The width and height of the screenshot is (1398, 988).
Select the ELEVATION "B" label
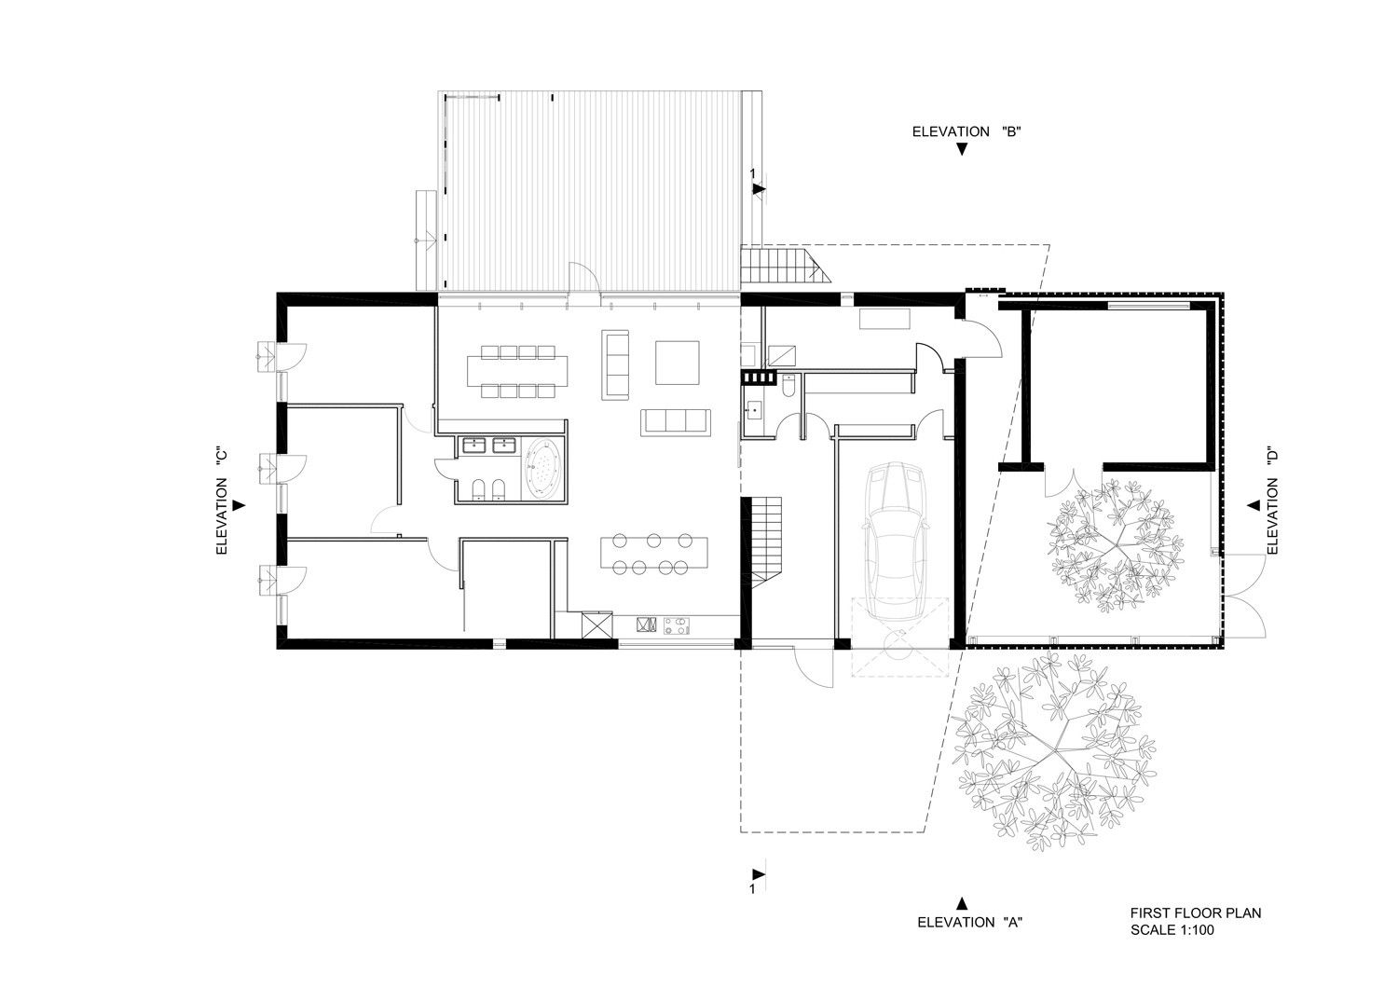pyautogui.click(x=966, y=131)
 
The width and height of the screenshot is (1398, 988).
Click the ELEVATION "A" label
pyautogui.click(x=970, y=921)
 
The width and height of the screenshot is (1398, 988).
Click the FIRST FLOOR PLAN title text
pyautogui.click(x=1196, y=913)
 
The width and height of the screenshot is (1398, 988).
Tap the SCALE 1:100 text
pyautogui.click(x=1172, y=930)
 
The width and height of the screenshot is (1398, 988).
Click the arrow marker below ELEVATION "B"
pyautogui.click(x=962, y=150)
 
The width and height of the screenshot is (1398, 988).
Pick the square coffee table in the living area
pyautogui.click(x=678, y=363)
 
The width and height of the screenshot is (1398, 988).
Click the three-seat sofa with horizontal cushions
pyautogui.click(x=676, y=422)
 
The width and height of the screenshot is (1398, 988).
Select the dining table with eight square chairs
pyautogui.click(x=518, y=372)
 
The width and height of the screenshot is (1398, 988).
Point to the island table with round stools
pyautogui.click(x=654, y=553)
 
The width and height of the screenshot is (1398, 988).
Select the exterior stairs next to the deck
pyautogui.click(x=785, y=266)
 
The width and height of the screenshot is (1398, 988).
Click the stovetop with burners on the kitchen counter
pyautogui.click(x=678, y=625)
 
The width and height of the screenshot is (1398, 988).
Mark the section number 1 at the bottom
pyautogui.click(x=753, y=889)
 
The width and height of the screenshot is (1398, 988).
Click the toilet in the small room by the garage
pyautogui.click(x=788, y=384)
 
